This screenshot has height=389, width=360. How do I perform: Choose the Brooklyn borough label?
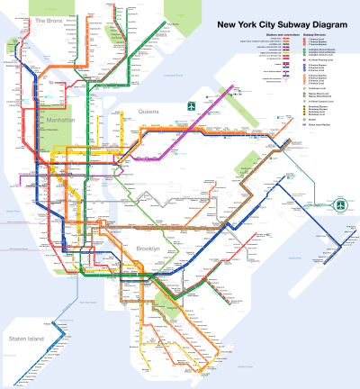coord(148,248)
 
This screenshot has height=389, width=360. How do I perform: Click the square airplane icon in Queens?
coord(191,108)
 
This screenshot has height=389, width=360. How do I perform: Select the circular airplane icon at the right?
coord(341,205)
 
